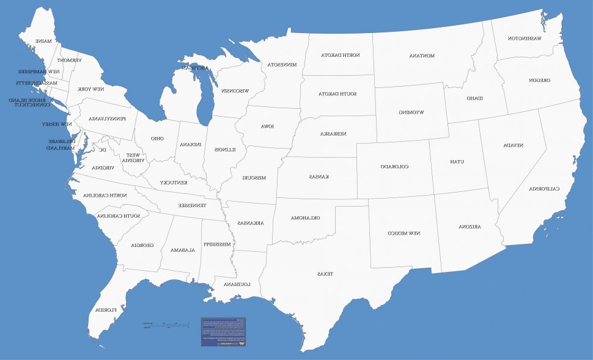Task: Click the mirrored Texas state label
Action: click(325, 274)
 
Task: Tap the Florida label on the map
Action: click(105, 310)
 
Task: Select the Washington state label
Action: click(524, 39)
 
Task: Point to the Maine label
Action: click(43, 41)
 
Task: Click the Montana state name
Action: click(422, 56)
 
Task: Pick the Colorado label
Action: click(394, 166)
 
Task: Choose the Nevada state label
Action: click(513, 145)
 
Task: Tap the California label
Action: click(544, 188)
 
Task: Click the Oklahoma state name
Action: click(305, 218)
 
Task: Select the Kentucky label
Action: click(174, 183)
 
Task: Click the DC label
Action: click(103, 149)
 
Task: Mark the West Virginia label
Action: click(133, 158)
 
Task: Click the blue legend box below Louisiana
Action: click(223, 331)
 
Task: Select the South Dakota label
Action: click(337, 94)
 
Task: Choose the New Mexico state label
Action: click(404, 233)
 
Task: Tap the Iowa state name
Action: click(267, 127)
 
